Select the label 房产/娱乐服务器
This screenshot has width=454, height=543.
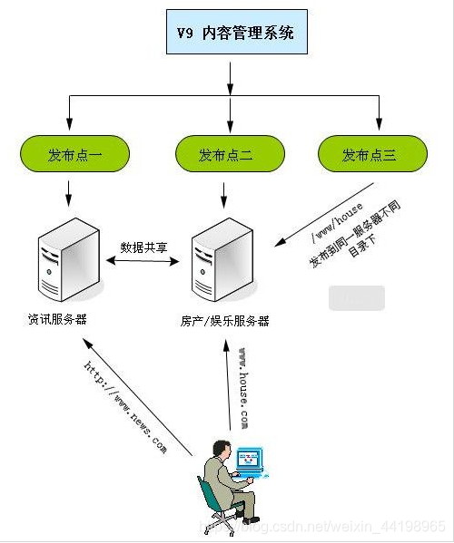(x=224, y=321)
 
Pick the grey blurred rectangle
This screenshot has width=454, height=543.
(x=356, y=298)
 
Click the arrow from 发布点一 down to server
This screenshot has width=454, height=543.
(x=69, y=192)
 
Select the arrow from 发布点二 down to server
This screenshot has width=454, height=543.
(x=227, y=192)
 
